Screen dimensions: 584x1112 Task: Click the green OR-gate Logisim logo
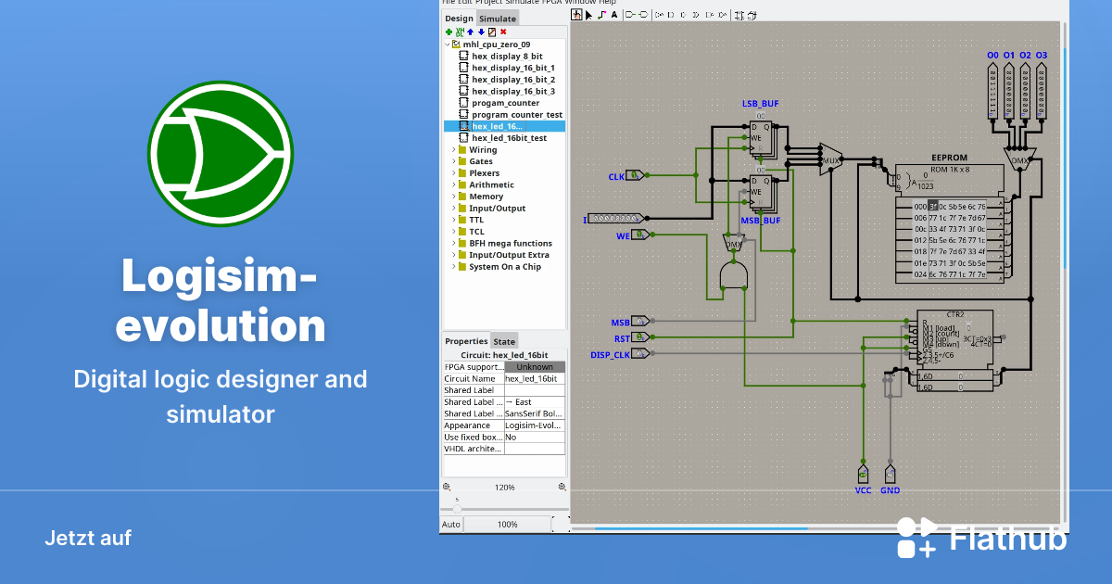point(221,153)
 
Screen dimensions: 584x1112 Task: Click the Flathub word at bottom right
point(1008,539)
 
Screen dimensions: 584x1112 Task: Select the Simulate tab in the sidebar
point(497,19)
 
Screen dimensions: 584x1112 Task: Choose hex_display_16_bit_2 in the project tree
point(512,80)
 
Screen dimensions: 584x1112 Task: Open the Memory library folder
point(486,197)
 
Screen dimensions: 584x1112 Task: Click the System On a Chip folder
point(504,267)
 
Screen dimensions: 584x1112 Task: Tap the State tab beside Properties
point(504,341)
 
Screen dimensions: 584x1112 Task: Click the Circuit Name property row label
point(472,378)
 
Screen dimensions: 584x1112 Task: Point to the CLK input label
point(616,176)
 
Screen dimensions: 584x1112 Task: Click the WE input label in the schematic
point(623,236)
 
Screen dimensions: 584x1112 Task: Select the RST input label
point(621,339)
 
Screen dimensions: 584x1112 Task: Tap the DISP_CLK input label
point(610,355)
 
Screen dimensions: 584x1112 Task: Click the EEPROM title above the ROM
point(949,159)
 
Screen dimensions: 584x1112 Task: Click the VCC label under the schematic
point(864,490)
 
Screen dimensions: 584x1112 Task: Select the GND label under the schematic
point(890,490)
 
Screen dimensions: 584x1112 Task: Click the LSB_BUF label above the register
point(761,102)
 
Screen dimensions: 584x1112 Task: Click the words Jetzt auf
point(88,538)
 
